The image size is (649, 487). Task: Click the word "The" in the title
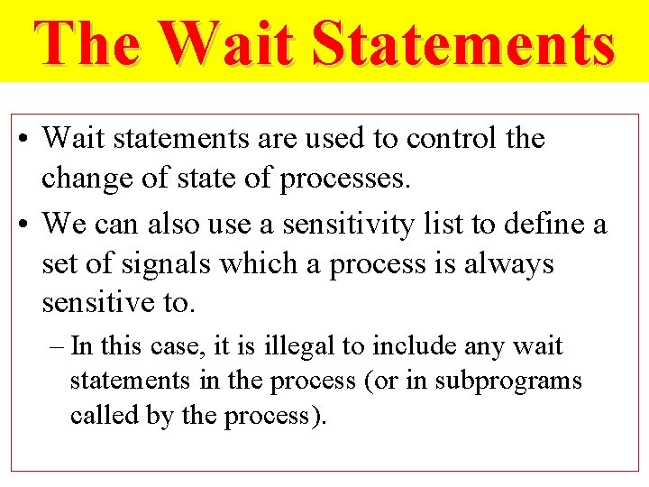coord(87,43)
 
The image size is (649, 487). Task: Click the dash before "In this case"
coord(57,347)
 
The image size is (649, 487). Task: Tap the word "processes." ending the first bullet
coord(345,179)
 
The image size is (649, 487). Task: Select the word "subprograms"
coord(508,381)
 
